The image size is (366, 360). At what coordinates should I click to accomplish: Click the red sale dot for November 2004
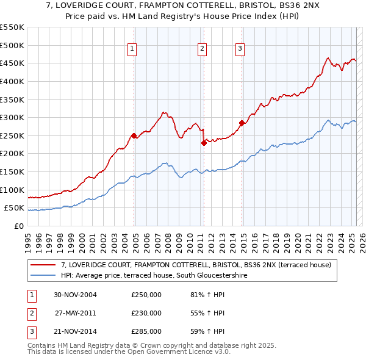(x=134, y=135)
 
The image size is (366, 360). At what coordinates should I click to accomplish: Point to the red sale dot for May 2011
(x=204, y=143)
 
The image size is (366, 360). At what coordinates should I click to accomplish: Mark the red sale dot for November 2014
(x=242, y=123)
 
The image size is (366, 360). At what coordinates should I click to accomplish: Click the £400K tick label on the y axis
(x=12, y=81)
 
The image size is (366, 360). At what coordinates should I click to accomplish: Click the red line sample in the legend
(x=43, y=265)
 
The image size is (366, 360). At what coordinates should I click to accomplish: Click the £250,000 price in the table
(x=146, y=295)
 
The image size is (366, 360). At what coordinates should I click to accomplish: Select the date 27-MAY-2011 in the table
(x=76, y=313)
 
